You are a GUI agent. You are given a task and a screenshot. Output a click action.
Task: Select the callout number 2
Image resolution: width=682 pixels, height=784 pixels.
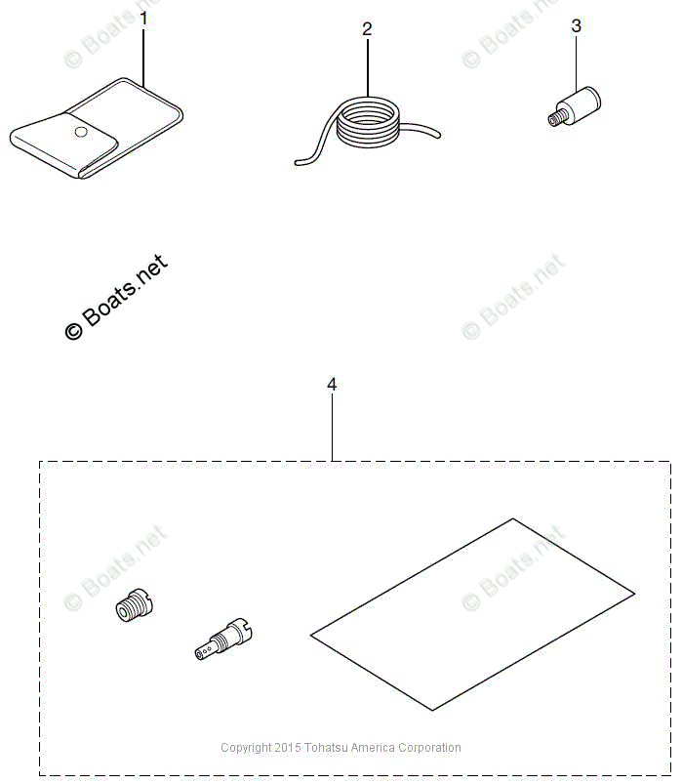pos(367,29)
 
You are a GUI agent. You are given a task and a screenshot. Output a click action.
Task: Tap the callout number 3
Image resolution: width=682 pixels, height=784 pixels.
pos(576,26)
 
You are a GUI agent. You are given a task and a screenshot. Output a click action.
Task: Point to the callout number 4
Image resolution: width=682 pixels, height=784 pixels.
pos(332,385)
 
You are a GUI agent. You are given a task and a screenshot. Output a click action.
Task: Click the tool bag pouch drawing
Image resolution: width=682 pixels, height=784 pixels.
pos(98,132)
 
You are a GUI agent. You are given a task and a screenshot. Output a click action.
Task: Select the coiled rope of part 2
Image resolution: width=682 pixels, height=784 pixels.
pos(367,127)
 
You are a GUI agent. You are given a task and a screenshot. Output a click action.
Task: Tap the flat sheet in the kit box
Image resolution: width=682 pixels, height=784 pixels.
pos(472,614)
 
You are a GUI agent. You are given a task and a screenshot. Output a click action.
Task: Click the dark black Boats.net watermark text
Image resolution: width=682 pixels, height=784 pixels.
pos(115,297)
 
